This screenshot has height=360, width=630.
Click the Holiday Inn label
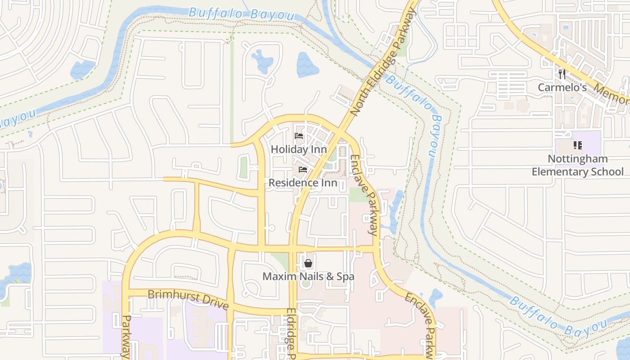pos(299,149)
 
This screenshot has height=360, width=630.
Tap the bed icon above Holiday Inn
pos(299,136)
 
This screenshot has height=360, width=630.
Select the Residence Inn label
pos(303,183)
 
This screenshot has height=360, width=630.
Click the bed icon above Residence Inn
pos(303,170)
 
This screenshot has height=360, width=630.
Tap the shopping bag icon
pos(308,263)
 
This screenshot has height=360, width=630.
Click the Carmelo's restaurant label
pos(562,87)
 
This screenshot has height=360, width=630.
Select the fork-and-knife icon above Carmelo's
pos(562,74)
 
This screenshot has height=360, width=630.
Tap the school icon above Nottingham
pos(578,145)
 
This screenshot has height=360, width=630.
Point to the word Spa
pos(345,276)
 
